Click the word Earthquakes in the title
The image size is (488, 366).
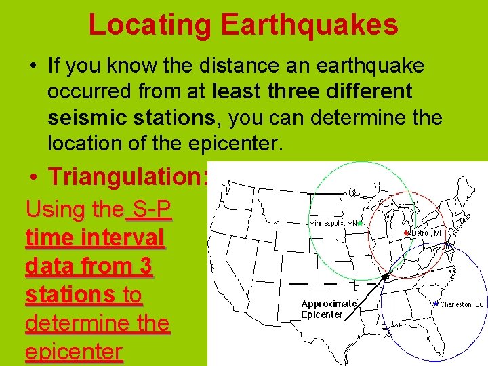(x=308, y=24)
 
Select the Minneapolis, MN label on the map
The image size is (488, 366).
(x=333, y=222)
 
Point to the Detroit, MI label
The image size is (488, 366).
(x=426, y=232)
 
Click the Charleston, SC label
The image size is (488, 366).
(x=462, y=304)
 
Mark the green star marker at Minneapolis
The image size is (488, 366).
(x=361, y=222)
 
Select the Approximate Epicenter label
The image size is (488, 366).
(x=329, y=309)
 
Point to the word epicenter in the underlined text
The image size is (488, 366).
(x=74, y=352)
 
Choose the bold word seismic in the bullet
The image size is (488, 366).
(x=89, y=117)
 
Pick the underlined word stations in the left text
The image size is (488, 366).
(x=69, y=295)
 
